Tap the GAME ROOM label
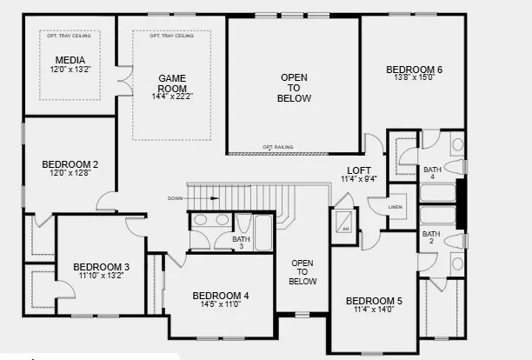(x=172, y=83)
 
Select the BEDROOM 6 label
(x=415, y=70)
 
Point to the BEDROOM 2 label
(x=70, y=163)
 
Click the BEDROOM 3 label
(x=101, y=267)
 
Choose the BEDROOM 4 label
(x=221, y=296)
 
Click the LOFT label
(x=359, y=170)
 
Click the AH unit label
(x=345, y=229)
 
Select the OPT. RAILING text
(x=277, y=148)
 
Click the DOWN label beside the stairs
(x=176, y=198)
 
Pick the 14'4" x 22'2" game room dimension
(x=172, y=97)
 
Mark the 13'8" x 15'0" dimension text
(x=415, y=78)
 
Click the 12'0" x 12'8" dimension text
(x=70, y=172)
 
